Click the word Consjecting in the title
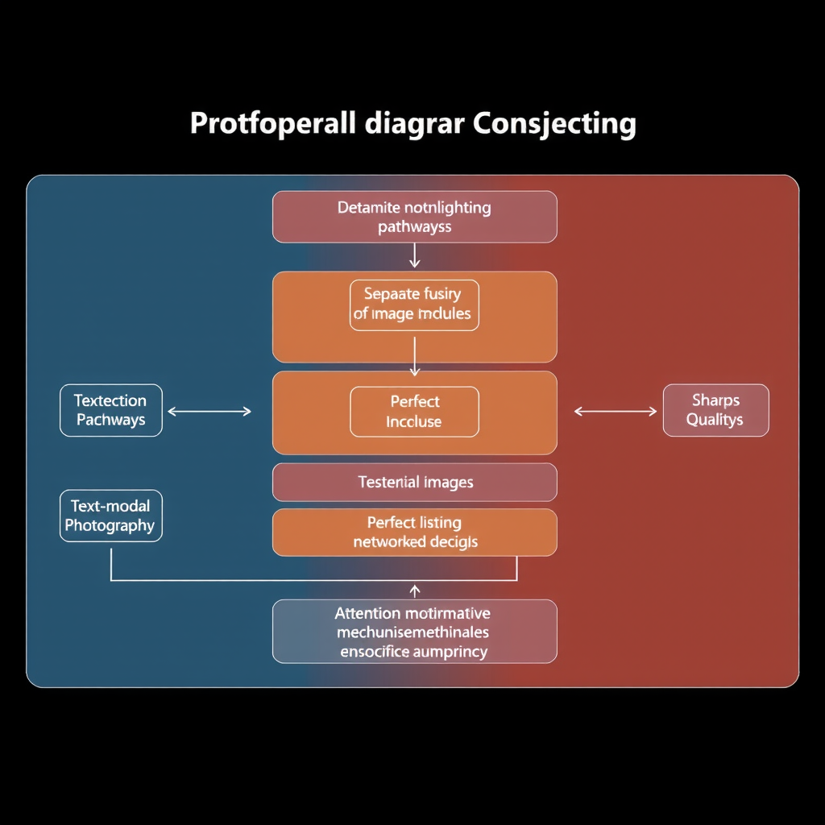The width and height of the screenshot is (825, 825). coord(554,125)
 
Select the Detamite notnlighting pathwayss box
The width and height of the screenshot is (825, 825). coord(414,217)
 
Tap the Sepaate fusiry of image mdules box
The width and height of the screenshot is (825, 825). coord(414,305)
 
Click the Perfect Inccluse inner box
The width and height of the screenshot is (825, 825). coord(414,411)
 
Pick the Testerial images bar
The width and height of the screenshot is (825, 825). coord(414,483)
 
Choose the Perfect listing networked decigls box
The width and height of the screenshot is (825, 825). coord(414,533)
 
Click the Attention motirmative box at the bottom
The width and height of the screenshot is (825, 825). coord(414,632)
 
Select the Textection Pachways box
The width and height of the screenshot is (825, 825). coord(111,410)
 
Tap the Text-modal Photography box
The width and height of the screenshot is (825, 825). coord(111,516)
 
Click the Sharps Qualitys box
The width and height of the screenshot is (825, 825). coord(715,410)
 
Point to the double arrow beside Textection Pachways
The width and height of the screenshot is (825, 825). coord(209,411)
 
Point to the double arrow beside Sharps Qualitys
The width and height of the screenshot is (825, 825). coord(616,411)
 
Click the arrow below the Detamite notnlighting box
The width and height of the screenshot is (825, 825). coord(414,255)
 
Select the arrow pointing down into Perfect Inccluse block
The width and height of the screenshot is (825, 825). coord(414,356)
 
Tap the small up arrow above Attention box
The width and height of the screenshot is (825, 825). coord(414,591)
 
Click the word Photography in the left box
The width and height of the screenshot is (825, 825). coord(110,526)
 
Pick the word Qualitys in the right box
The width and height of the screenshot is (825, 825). coord(715,420)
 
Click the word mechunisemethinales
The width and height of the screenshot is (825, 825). coord(412,632)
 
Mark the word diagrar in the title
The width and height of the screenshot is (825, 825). coord(413,125)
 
